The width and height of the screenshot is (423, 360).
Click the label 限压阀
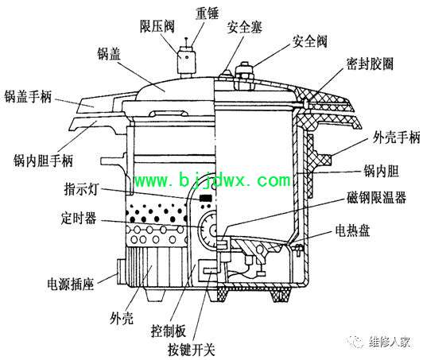pos(157,26)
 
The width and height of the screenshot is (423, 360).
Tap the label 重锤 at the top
pos(208,13)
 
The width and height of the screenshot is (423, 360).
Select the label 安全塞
pos(244,27)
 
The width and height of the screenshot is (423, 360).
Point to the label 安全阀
pos(310,41)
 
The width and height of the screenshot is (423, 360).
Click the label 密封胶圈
pos(370,64)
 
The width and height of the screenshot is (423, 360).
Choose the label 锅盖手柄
pos(28,96)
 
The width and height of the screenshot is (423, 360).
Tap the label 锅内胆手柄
pos(43,161)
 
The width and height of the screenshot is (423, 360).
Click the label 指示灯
pos(80,188)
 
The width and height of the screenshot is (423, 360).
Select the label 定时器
pos(79,218)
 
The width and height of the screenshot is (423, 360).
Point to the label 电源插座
pos(71,284)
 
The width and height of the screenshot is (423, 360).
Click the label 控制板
pos(169,331)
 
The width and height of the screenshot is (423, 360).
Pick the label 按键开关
pos(192,350)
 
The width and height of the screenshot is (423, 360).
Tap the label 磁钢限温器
pos(376,197)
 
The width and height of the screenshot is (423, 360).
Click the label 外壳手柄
pos(396,137)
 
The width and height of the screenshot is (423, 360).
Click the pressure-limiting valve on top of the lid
pos(185,61)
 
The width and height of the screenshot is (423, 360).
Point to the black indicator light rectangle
pos(206,198)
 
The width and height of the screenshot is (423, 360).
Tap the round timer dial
pos(208,230)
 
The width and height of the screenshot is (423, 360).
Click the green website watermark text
pos(212,180)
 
